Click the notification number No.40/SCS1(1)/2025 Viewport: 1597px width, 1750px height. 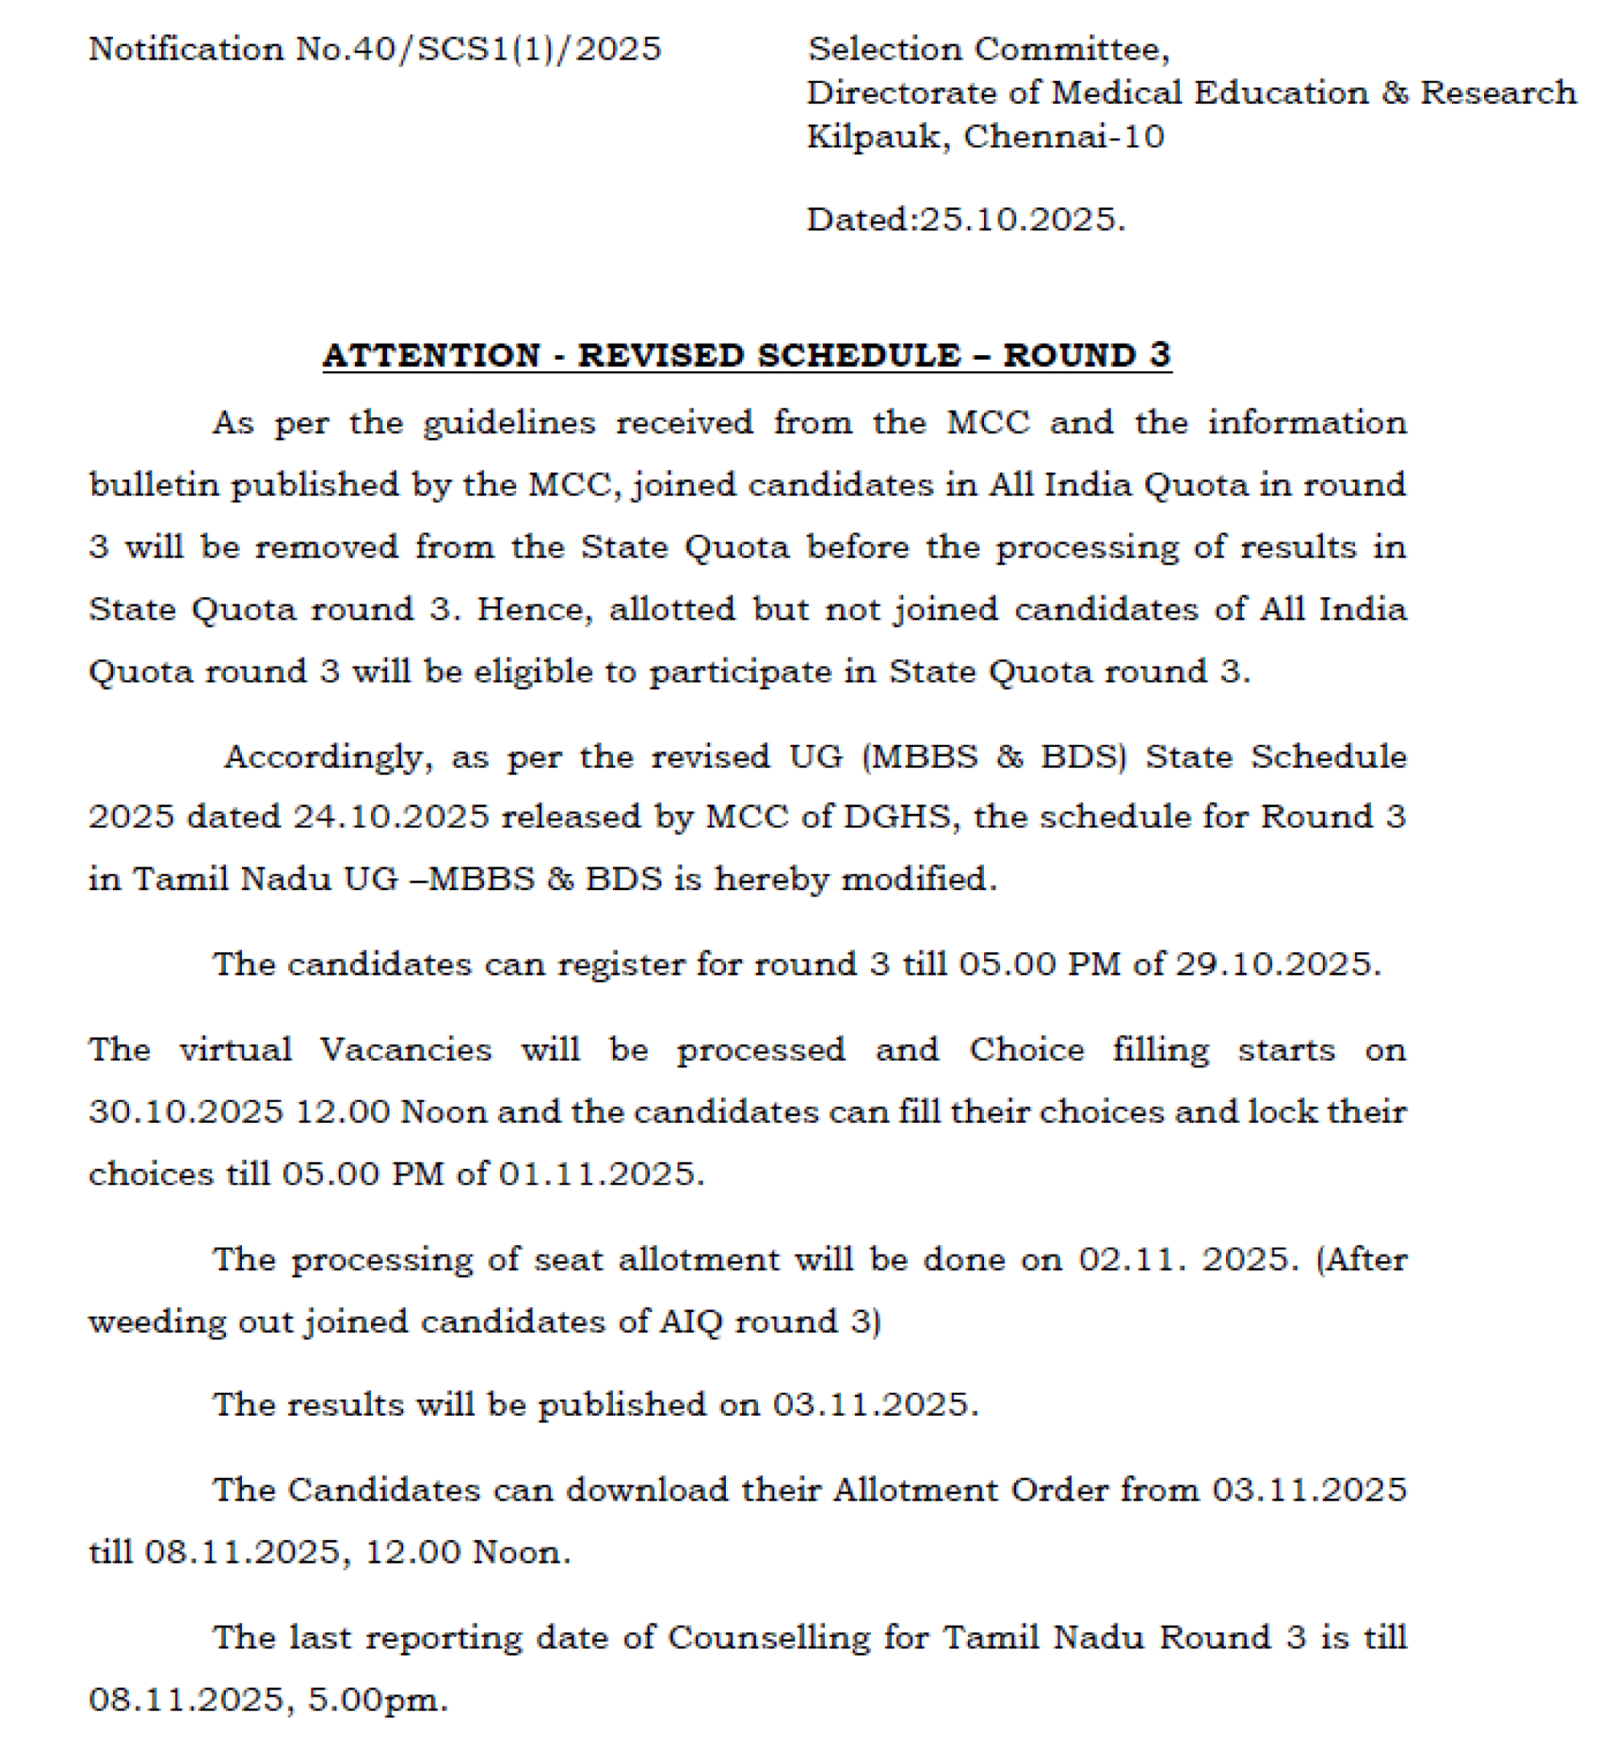coord(478,49)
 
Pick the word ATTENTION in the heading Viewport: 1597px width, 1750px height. coord(432,356)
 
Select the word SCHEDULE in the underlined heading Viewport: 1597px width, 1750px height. coord(859,356)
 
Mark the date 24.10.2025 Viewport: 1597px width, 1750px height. coord(391,817)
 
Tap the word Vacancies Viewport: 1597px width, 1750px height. coord(407,1050)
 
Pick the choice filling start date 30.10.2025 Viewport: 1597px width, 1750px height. coord(186,1113)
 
